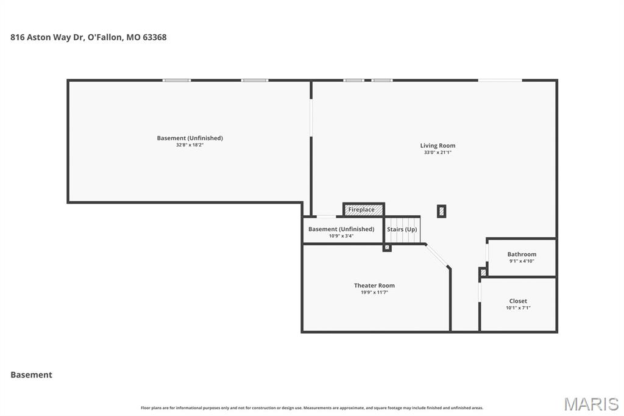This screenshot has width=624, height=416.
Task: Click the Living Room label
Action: (x=438, y=145)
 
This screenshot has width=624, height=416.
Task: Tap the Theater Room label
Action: (x=375, y=285)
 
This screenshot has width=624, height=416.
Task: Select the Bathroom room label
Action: (x=522, y=254)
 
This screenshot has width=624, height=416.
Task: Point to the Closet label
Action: (x=518, y=301)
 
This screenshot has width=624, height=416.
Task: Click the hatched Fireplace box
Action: (x=364, y=210)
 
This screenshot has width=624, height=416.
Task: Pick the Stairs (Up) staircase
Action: (x=402, y=229)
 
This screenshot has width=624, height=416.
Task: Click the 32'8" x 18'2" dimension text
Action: (x=190, y=145)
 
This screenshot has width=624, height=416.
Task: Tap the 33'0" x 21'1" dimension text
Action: (x=438, y=152)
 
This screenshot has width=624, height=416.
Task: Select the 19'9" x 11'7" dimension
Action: (x=375, y=292)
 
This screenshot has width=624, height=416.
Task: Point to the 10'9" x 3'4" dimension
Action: (x=341, y=236)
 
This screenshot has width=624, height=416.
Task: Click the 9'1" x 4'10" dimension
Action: (x=522, y=261)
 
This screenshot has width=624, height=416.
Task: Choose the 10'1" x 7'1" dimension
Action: (x=518, y=307)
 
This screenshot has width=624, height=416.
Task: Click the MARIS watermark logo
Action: (x=591, y=404)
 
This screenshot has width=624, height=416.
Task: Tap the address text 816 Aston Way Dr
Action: (x=47, y=37)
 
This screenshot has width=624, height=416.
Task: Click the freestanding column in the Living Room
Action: (x=441, y=211)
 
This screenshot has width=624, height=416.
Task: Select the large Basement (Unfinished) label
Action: (x=190, y=138)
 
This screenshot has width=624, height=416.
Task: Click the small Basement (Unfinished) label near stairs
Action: (x=341, y=229)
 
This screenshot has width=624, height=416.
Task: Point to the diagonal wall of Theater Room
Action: (x=437, y=256)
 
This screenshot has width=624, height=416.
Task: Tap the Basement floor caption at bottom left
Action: (x=32, y=375)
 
